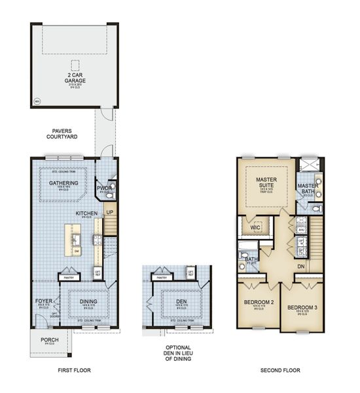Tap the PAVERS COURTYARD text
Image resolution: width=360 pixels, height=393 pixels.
pos(63,134)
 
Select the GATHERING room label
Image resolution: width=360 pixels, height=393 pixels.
pos(64,183)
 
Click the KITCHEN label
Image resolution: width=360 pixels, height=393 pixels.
pos(86,214)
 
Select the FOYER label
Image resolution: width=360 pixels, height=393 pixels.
pos(39,284)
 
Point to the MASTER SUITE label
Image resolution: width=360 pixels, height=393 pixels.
pos(267,180)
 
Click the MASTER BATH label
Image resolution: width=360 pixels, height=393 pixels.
pos(308,189)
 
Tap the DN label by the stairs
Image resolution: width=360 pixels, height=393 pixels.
pos(302,266)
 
